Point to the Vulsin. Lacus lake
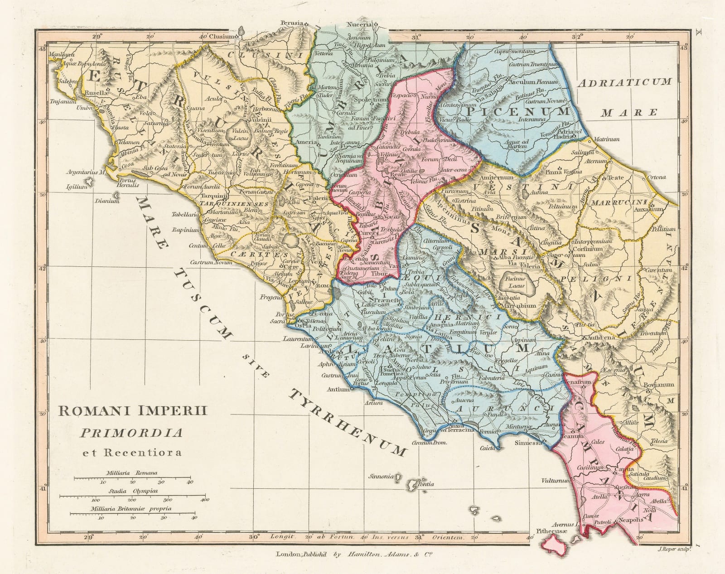coord(239,134)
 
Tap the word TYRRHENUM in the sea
coord(347,421)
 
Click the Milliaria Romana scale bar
coord(132,477)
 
